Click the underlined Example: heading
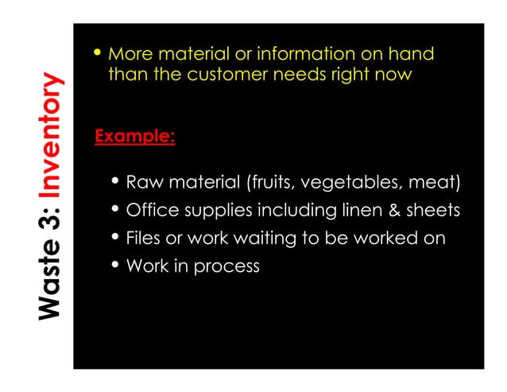coord(134,136)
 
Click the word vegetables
coord(350,184)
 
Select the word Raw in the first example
coord(142,184)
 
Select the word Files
coord(144,238)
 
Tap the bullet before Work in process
coord(117,265)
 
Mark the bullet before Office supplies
coord(117,210)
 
